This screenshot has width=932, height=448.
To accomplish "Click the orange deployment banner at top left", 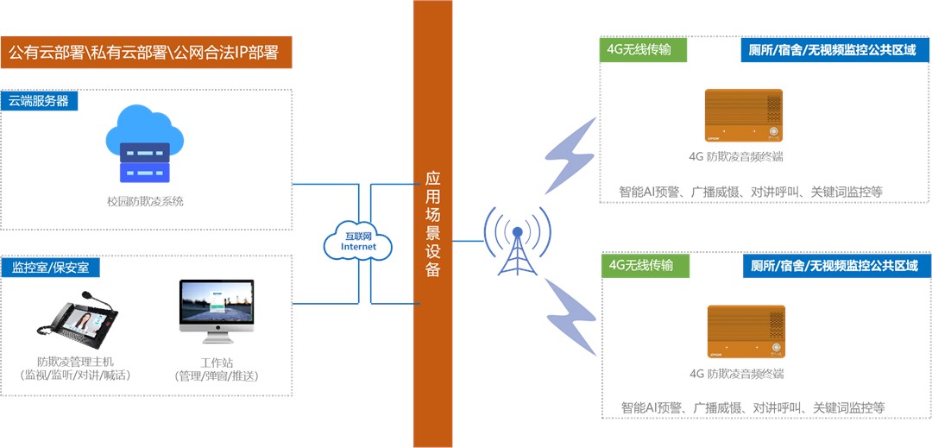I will point(146,53).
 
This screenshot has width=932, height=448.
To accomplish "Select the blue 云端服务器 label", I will point(40,100).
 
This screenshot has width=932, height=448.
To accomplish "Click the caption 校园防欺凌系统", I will point(145,201).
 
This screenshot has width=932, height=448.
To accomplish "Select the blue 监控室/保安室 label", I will point(50,268).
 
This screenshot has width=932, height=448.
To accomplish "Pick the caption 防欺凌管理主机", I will point(75,361).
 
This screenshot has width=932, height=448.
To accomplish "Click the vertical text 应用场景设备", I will point(433,224).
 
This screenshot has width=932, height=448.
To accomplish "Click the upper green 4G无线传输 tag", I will point(644,50).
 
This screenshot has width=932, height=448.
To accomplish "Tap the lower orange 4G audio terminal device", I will point(746,331).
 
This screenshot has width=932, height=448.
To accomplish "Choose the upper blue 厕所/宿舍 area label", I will point(834,50).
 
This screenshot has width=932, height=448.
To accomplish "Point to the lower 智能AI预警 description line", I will point(753,407).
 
